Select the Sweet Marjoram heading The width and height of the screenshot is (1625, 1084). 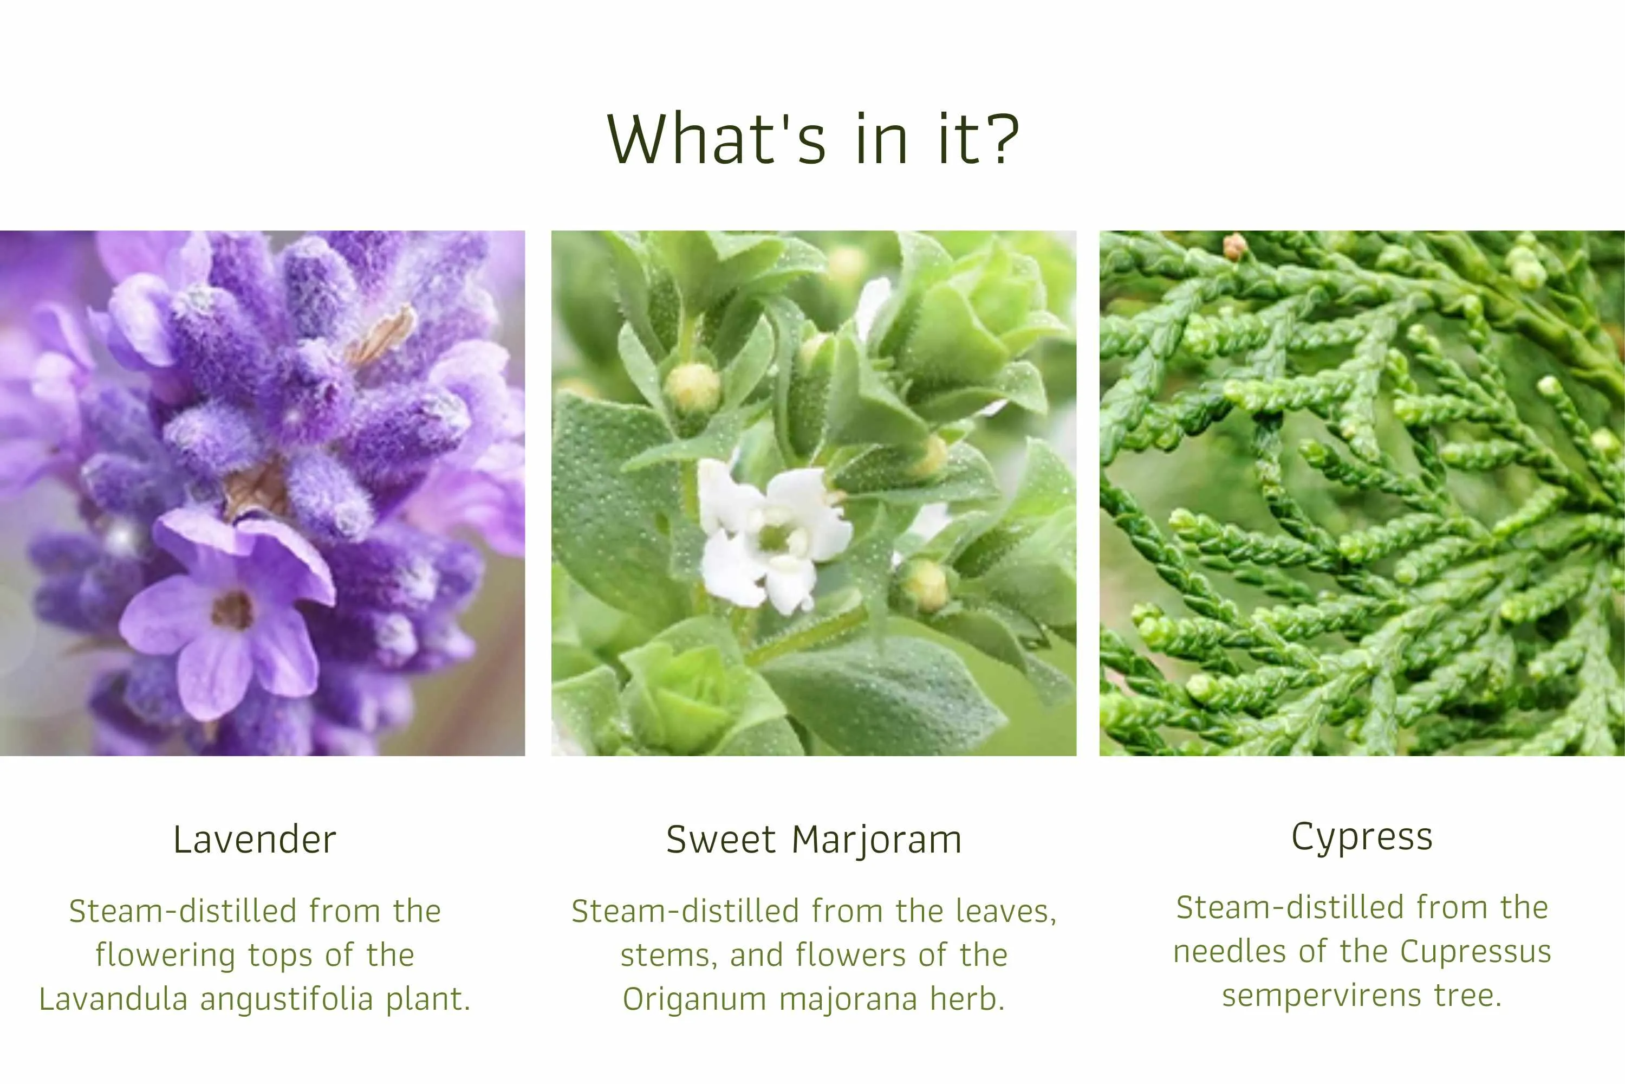814,841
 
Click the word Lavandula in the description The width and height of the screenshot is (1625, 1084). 113,998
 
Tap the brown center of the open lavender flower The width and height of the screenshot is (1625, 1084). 232,610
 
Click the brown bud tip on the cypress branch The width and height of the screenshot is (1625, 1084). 1234,246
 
